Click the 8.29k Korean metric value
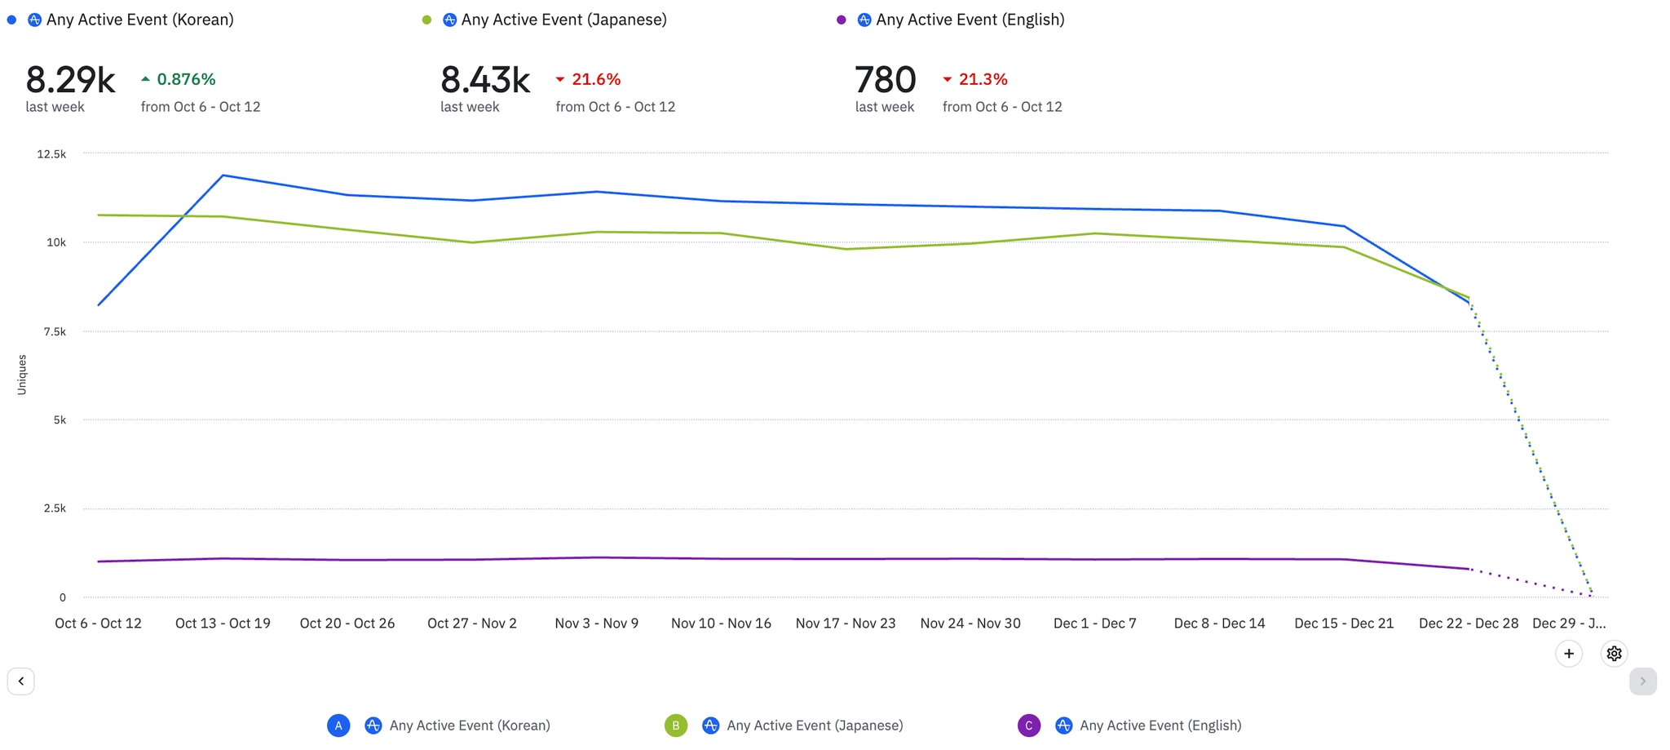click(x=70, y=80)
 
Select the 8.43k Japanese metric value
click(x=485, y=80)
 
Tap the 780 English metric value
click(x=885, y=80)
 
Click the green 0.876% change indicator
click(x=185, y=79)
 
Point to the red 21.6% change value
click(x=595, y=79)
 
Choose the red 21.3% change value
click(x=983, y=79)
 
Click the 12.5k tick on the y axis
click(x=51, y=154)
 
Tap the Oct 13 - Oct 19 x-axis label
click(x=223, y=624)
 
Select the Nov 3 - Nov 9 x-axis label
click(x=597, y=624)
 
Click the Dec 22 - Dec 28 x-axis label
click(x=1469, y=624)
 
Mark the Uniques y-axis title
click(x=22, y=375)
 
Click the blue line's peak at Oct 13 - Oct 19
click(x=223, y=175)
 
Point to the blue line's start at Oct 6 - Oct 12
click(x=99, y=305)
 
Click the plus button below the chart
click(x=1569, y=654)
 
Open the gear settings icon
click(x=1614, y=654)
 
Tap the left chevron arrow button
click(x=21, y=681)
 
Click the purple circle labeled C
click(x=1029, y=726)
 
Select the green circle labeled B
click(x=676, y=726)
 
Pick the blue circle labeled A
click(x=338, y=726)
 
